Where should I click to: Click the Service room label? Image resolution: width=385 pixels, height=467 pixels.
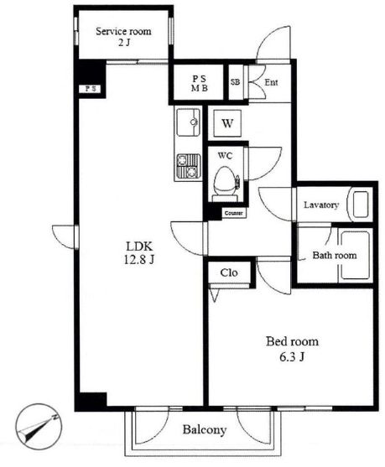click(x=123, y=31)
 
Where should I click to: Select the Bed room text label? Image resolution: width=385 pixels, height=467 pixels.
click(x=292, y=341)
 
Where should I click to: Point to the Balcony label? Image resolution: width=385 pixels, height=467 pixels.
click(x=205, y=429)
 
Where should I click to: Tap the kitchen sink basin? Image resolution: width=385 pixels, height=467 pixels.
click(x=188, y=122)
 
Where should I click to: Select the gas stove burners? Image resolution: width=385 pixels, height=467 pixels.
click(x=189, y=166)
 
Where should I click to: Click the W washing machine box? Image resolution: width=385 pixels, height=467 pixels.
click(x=227, y=123)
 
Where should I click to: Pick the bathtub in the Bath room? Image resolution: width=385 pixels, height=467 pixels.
click(x=355, y=256)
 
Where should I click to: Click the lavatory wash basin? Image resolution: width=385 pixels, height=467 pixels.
click(x=361, y=205)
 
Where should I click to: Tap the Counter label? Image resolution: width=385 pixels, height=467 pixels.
click(x=234, y=213)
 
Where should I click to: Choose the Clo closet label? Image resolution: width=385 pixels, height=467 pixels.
click(x=229, y=272)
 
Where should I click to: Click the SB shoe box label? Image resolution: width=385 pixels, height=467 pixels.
click(x=235, y=82)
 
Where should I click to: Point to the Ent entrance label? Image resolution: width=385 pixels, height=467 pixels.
click(x=272, y=82)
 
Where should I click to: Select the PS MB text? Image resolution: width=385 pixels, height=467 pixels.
click(x=200, y=83)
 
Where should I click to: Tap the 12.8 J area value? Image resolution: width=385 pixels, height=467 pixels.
click(x=139, y=260)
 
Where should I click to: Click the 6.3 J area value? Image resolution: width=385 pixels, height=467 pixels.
click(x=292, y=356)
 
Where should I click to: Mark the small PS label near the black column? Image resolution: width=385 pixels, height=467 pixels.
click(x=91, y=89)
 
